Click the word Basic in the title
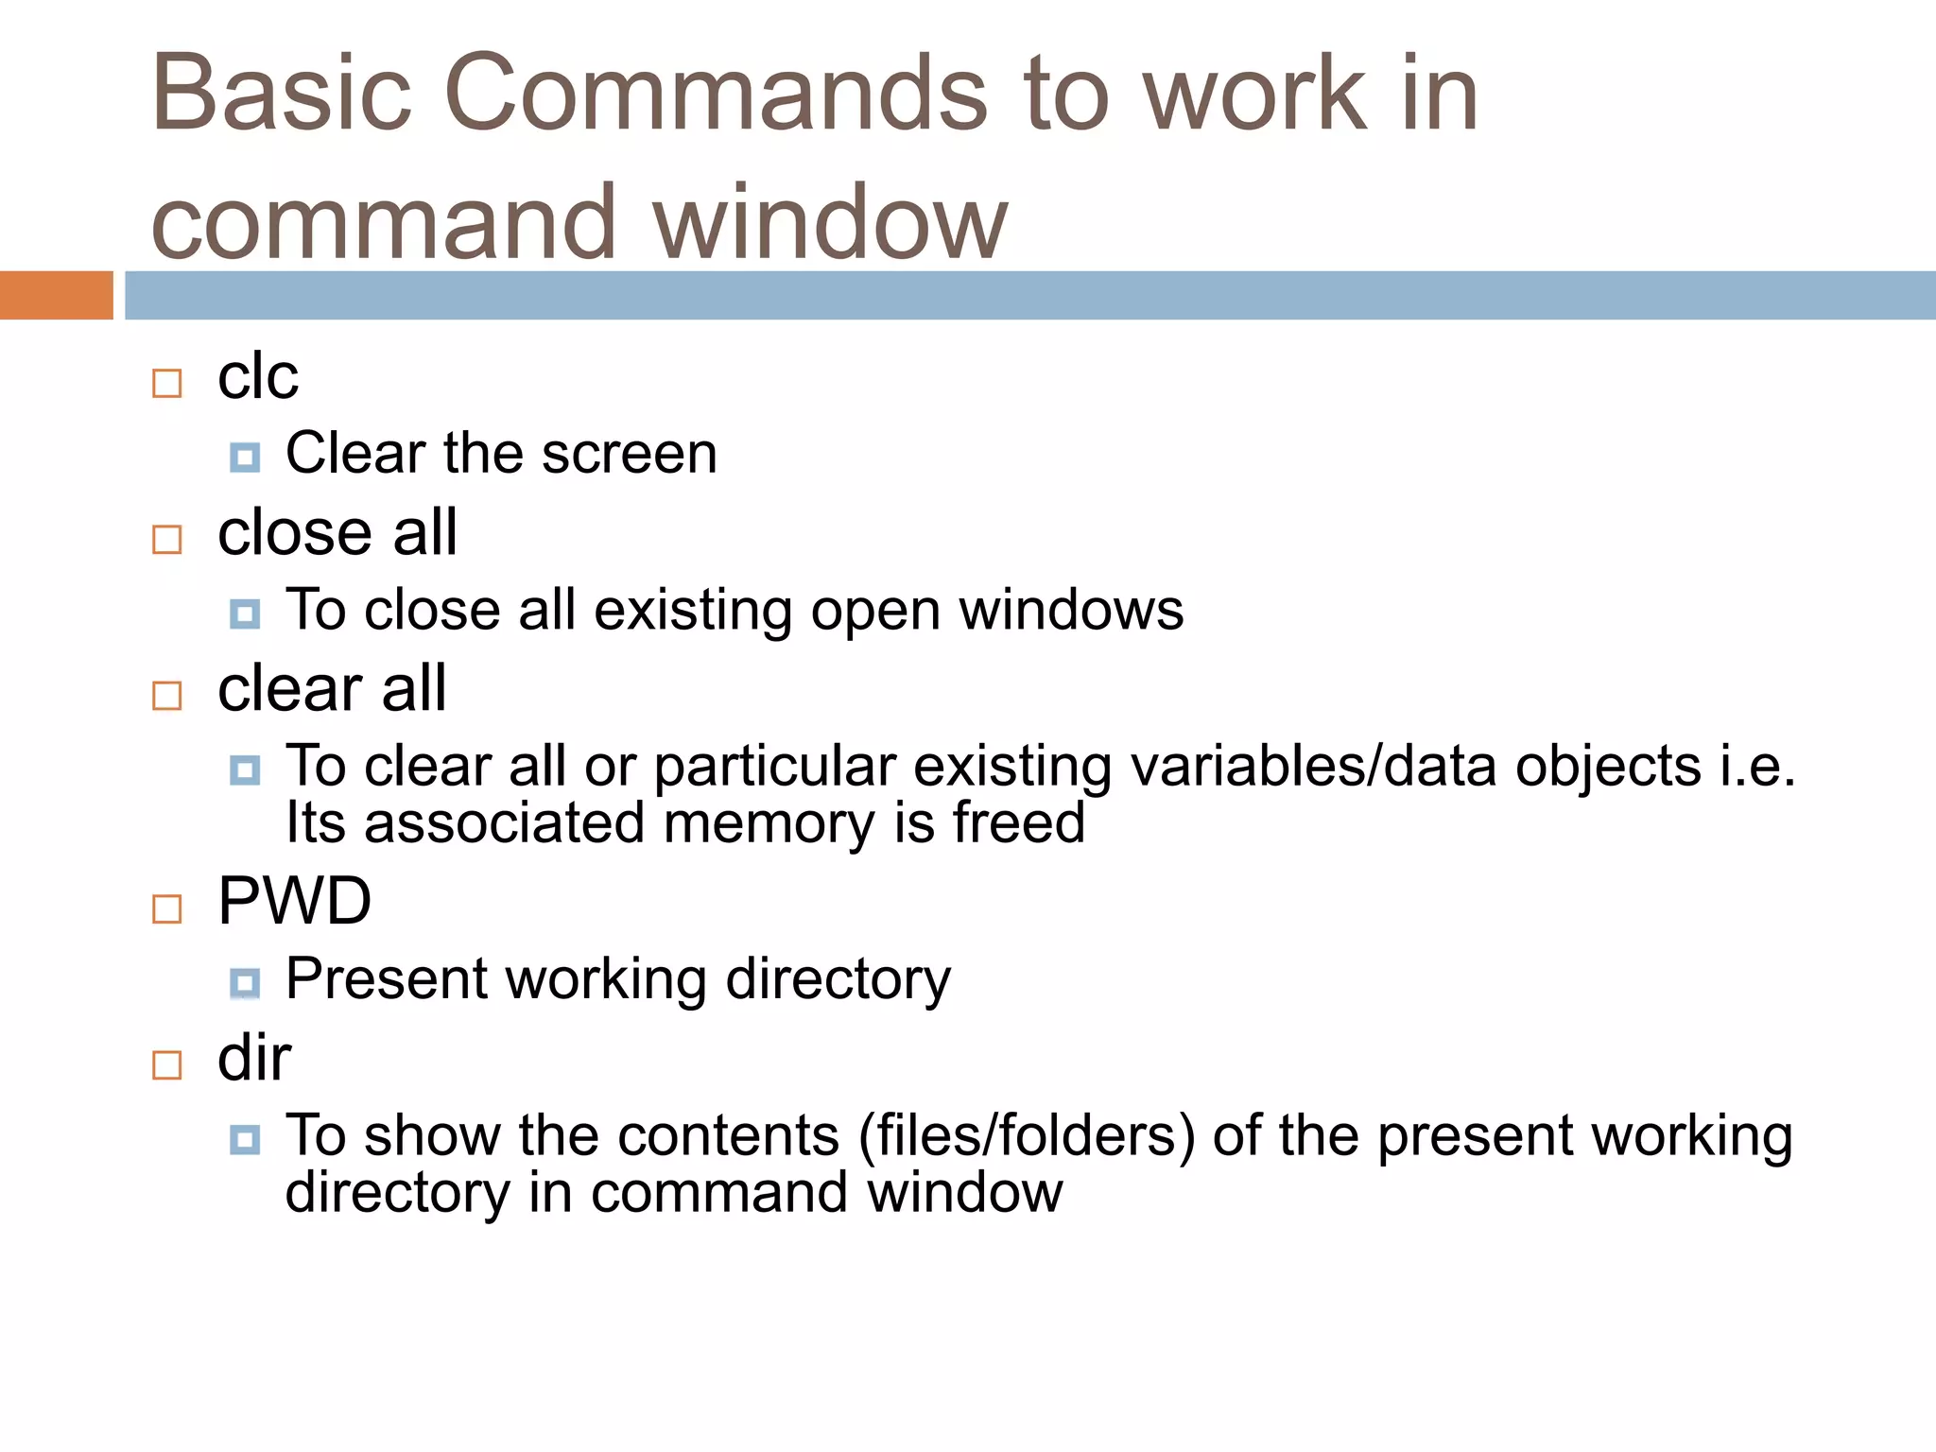tap(282, 94)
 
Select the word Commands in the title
tap(716, 94)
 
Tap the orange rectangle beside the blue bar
tap(56, 295)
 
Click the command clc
tap(257, 377)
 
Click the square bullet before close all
tap(167, 539)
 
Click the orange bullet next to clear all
tap(167, 696)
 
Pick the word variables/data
tap(1313, 766)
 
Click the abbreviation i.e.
tap(1756, 766)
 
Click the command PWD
tap(294, 901)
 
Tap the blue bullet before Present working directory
tap(245, 983)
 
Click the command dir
tap(253, 1058)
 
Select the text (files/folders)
tap(1027, 1135)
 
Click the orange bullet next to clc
tap(167, 383)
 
